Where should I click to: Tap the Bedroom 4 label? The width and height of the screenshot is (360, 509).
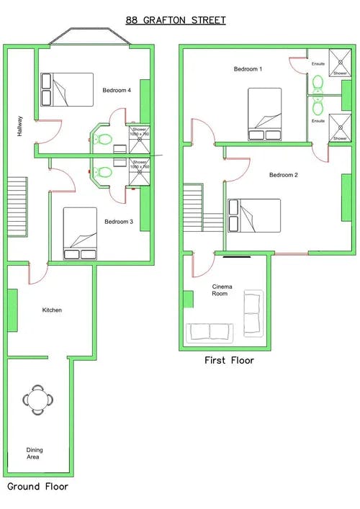coord(117,91)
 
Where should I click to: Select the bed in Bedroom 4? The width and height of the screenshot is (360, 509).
coord(67,89)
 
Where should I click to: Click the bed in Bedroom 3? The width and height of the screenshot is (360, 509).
coord(79,233)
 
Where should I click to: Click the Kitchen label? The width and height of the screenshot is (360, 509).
coord(52,310)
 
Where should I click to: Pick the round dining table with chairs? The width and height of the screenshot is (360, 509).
coord(37,398)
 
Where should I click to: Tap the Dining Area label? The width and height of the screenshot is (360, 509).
coord(34,453)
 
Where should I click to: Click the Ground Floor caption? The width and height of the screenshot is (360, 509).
coord(37,487)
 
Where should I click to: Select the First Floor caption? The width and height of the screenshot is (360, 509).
coord(228,361)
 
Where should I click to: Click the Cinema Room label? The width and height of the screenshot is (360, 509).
coord(220,290)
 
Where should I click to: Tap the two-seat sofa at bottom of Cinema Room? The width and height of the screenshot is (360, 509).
coord(210,332)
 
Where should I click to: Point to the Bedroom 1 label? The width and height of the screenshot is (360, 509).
coord(248,69)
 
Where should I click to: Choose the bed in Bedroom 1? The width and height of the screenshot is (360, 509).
coord(264,114)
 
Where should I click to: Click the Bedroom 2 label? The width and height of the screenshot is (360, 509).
coord(284,175)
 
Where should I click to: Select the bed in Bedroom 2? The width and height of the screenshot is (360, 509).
coord(254,216)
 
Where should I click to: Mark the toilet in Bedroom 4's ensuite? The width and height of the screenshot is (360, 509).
coord(104,139)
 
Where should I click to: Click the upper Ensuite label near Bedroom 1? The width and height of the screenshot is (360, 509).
coord(318,64)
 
